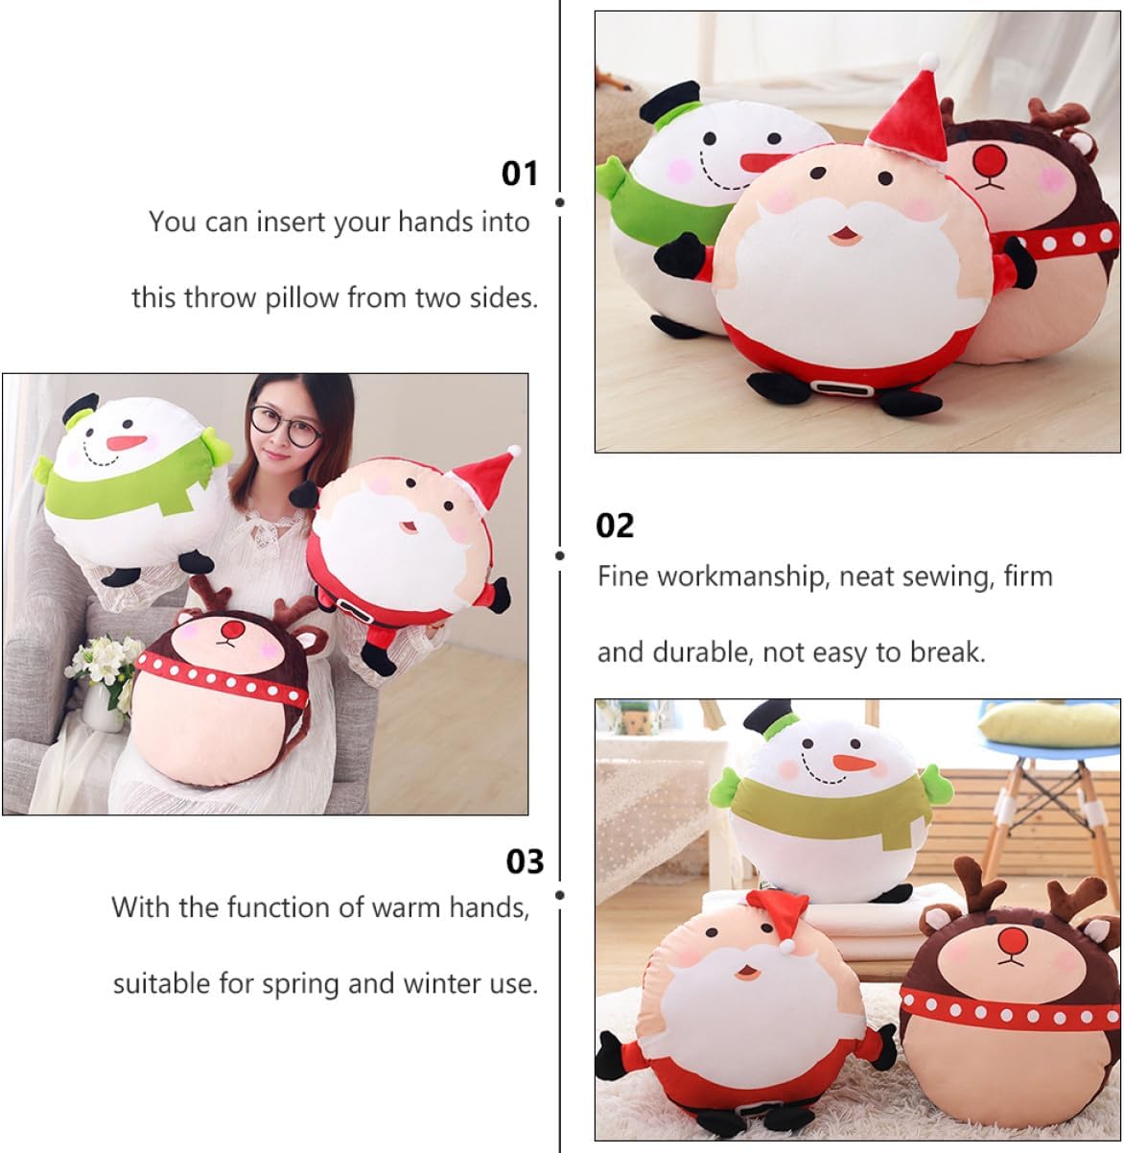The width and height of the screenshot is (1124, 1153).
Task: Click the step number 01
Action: coord(519,174)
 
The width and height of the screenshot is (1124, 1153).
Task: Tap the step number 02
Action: coord(615,525)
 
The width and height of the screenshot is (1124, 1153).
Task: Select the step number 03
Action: coord(525,861)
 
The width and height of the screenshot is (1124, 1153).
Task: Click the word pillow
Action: coord(302,298)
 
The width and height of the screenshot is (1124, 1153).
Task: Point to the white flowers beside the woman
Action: coord(104,664)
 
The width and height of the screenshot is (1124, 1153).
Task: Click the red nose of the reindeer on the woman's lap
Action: coord(233,630)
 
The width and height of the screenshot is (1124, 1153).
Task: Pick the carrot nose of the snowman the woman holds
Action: coord(126,442)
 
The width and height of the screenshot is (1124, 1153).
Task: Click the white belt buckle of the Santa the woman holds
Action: coord(354,610)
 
